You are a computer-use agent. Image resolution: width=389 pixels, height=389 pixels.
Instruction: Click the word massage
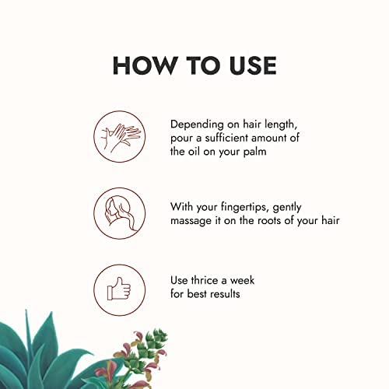[x=191, y=220]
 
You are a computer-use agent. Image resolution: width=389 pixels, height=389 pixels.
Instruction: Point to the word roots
[x=271, y=220]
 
